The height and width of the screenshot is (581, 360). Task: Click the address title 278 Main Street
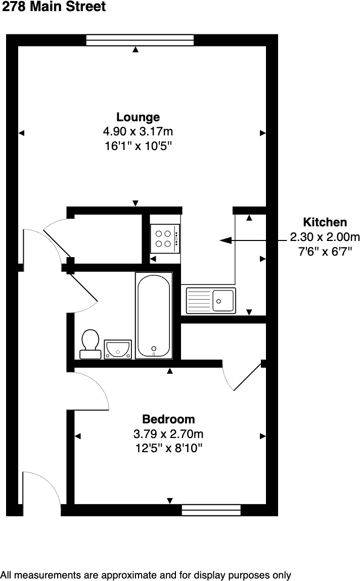(54, 7)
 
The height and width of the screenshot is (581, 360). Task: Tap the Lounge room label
(138, 117)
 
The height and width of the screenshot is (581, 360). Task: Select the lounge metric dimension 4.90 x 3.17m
(138, 132)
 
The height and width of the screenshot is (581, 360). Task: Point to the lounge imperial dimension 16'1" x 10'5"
(138, 146)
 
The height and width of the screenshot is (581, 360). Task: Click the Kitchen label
(325, 222)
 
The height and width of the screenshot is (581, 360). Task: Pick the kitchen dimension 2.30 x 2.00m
(325, 236)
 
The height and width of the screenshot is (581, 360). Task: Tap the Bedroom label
(168, 419)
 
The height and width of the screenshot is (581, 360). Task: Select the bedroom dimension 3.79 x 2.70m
(168, 433)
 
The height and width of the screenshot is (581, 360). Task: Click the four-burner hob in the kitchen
(165, 238)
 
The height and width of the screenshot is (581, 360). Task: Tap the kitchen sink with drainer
(210, 300)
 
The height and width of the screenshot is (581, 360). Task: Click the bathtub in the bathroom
(154, 315)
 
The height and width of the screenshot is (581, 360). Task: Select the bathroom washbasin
(118, 349)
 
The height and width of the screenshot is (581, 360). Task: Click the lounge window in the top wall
(140, 40)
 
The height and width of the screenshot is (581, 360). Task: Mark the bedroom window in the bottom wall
(211, 510)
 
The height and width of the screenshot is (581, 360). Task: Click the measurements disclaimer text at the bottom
(146, 575)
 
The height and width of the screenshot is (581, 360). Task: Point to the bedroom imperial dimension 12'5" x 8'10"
(168, 448)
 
